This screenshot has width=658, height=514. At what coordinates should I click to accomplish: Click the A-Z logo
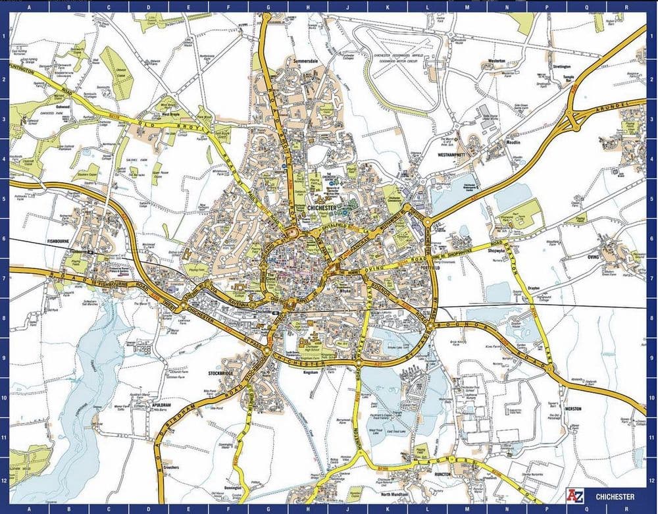(576, 495)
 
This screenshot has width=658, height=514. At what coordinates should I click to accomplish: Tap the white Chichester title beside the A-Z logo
(615, 496)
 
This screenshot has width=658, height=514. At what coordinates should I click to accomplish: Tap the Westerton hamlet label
(495, 61)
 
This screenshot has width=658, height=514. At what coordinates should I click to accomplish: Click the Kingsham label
(310, 373)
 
